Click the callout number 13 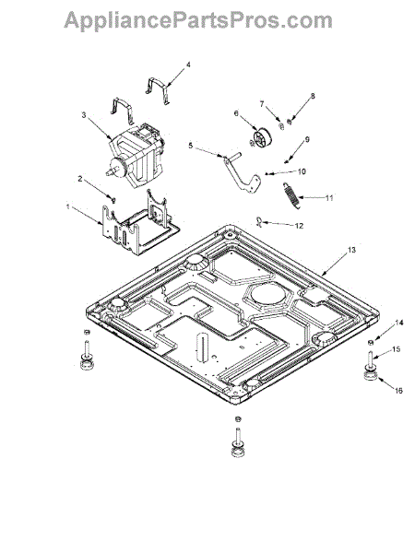[351, 250]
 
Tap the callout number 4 [188, 65]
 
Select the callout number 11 [329, 198]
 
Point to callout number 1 [68, 206]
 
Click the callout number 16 [398, 391]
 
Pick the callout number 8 [313, 96]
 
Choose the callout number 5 [191, 146]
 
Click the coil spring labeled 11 [291, 195]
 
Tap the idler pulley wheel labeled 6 [262, 138]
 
